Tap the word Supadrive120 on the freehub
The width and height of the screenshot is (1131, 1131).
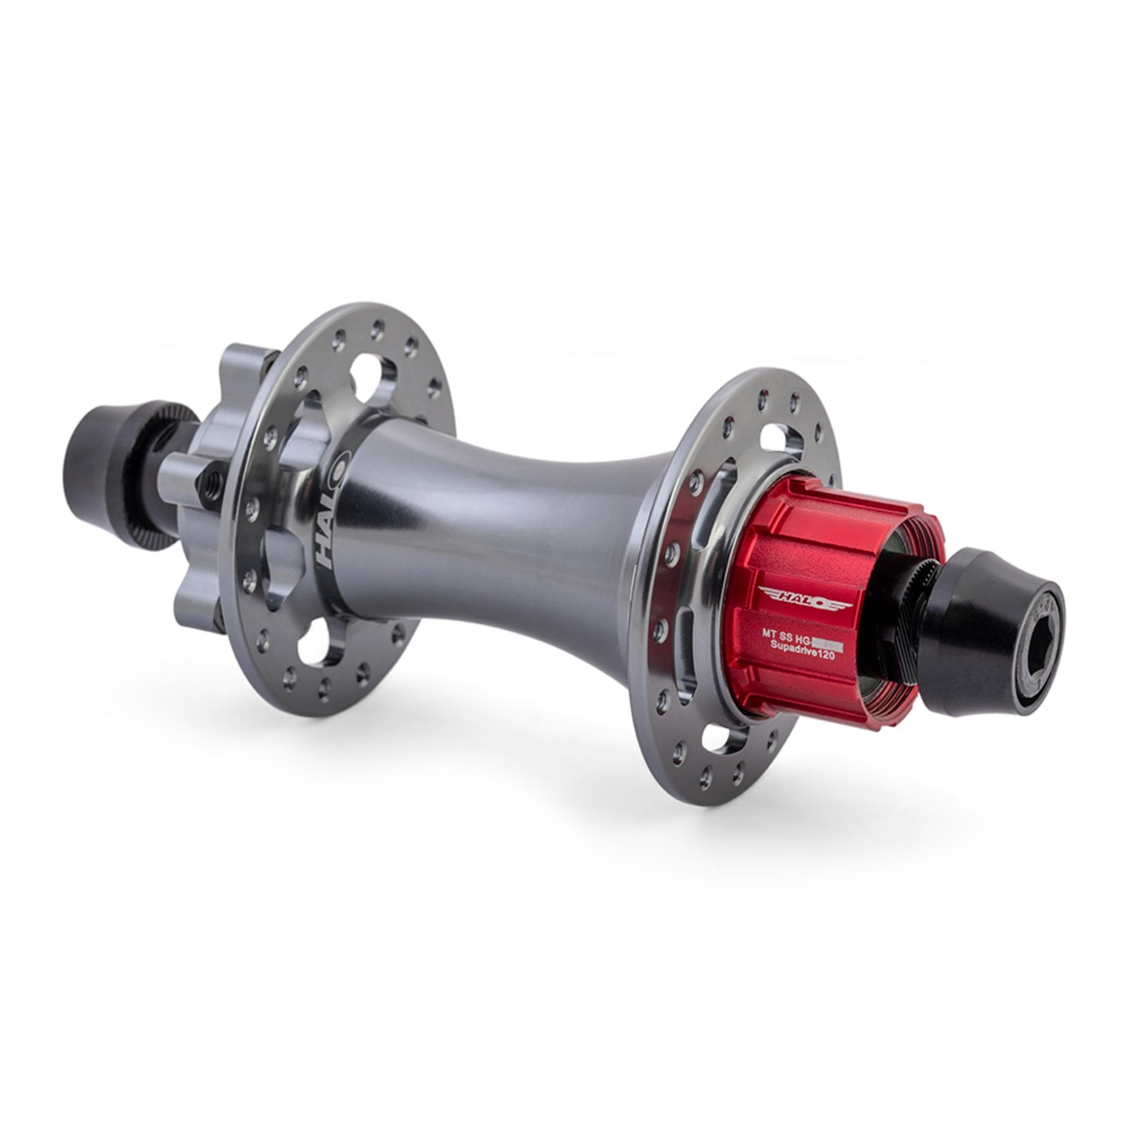[805, 657]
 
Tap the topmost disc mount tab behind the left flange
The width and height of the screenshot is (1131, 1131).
[246, 363]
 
